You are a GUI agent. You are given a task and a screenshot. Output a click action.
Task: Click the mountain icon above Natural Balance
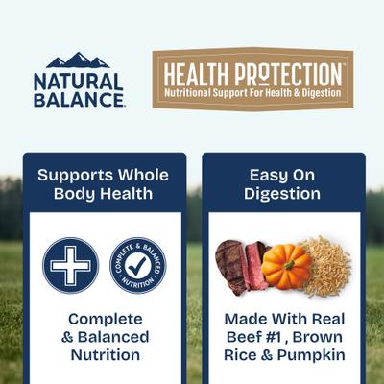pyautogui.click(x=78, y=60)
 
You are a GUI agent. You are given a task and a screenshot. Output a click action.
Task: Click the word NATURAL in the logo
pyautogui.click(x=78, y=81)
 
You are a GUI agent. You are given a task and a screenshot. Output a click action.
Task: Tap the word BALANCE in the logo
pyautogui.click(x=78, y=99)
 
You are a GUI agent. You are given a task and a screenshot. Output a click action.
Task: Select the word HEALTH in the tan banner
pyautogui.click(x=194, y=74)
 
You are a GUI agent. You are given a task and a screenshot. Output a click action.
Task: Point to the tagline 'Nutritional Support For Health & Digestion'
pyautogui.click(x=253, y=93)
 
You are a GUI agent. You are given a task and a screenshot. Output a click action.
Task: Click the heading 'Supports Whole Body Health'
pyautogui.click(x=103, y=184)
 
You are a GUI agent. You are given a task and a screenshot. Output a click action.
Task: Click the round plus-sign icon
pyautogui.click(x=70, y=265)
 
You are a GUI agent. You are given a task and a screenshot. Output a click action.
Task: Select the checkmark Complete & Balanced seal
pyautogui.click(x=136, y=265)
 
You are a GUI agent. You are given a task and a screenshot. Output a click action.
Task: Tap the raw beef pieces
pyautogui.click(x=242, y=267)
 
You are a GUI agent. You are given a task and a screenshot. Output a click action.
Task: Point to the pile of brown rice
pyautogui.click(x=328, y=267)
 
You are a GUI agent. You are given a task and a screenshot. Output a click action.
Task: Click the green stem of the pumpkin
pyautogui.click(x=285, y=248)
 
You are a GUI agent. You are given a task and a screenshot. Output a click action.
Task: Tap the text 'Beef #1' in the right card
pyautogui.click(x=253, y=337)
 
